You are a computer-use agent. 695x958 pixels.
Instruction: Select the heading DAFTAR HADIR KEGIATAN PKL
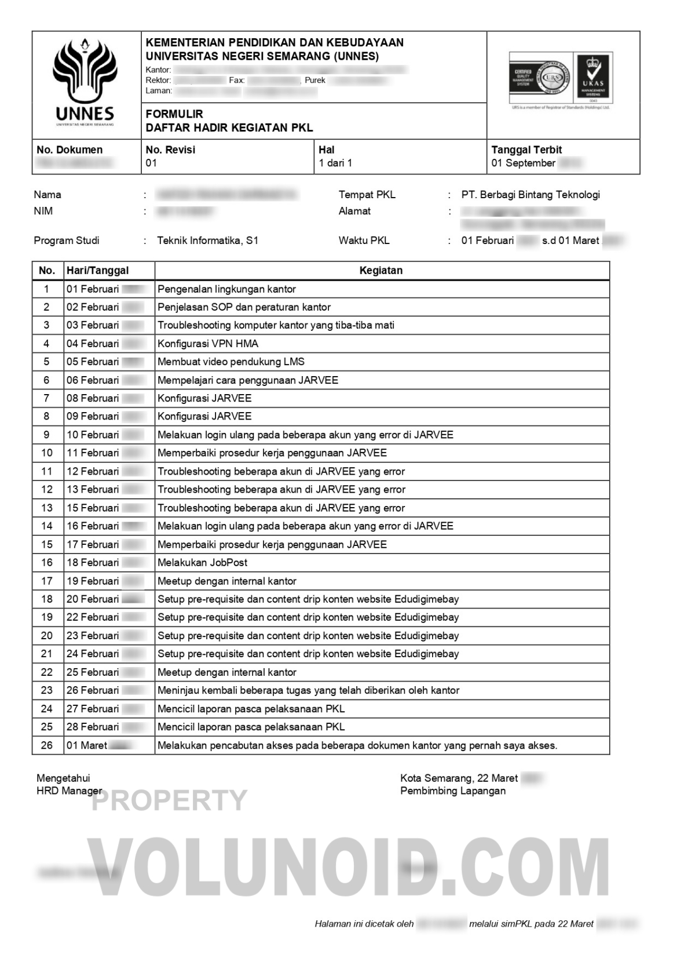point(229,128)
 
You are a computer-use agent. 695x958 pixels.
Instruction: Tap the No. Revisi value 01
point(151,163)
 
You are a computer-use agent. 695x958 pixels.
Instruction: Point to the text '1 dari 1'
point(335,163)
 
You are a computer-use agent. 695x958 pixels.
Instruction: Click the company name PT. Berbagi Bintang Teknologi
point(531,195)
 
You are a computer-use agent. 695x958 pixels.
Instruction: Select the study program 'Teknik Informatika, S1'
point(207,241)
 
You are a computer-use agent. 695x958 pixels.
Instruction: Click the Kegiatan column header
point(381,271)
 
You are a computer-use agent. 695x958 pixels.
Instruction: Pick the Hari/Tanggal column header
point(97,271)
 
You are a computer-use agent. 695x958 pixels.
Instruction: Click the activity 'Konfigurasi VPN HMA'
point(208,344)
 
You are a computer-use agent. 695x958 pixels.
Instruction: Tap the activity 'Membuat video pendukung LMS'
point(231,362)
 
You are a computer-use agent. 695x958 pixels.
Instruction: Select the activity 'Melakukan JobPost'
point(203,562)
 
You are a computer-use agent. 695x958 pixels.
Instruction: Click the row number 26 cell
point(47,745)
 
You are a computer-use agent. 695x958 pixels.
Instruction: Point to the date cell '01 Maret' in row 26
point(87,745)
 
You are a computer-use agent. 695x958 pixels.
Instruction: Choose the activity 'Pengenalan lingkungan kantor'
point(226,289)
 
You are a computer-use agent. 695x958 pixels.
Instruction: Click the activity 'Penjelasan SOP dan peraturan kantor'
point(244,307)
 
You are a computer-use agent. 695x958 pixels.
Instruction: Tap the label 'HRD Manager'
point(69,791)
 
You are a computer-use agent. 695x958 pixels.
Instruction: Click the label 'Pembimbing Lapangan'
point(452,791)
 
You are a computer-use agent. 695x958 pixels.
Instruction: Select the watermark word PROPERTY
point(170,800)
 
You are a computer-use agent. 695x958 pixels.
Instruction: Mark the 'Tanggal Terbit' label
point(526,150)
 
